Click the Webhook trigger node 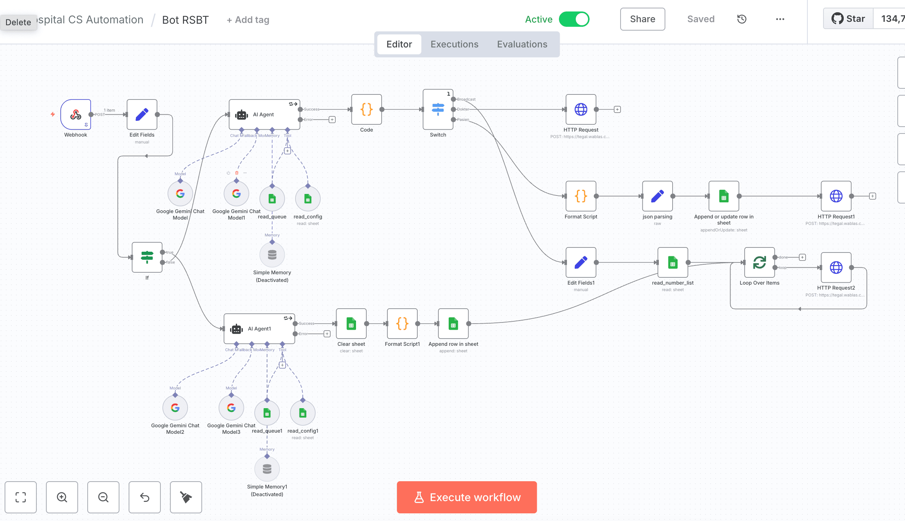click(76, 114)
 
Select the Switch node click(438, 109)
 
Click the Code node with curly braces click(366, 109)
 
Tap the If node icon click(147, 257)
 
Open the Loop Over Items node click(759, 262)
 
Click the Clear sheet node click(351, 324)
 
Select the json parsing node click(657, 196)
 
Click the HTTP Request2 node click(836, 267)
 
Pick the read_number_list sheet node click(673, 262)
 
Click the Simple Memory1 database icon click(267, 469)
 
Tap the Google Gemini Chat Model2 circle click(175, 408)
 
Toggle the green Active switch click(574, 19)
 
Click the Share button click(642, 19)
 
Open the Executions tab click(454, 44)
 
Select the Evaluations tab click(522, 44)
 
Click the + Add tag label click(248, 20)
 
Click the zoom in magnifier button click(62, 497)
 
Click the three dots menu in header click(780, 19)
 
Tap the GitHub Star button click(848, 19)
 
